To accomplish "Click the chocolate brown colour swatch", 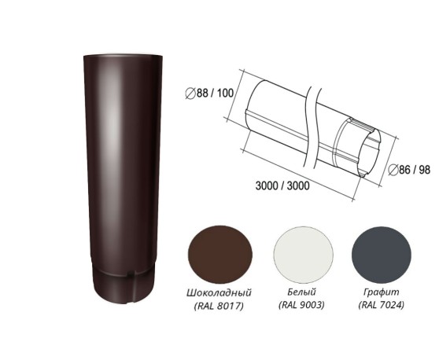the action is tap(220, 255).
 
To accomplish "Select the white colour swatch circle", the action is tap(304, 255).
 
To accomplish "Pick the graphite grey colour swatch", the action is tap(382, 255).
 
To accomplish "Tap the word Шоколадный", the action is tap(219, 292).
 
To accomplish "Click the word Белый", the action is tap(301, 292).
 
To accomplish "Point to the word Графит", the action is tap(381, 292).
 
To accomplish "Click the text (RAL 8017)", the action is tap(219, 306).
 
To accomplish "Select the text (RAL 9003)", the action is tap(301, 305).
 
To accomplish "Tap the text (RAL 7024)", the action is tap(381, 305).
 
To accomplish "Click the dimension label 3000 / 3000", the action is tap(282, 186).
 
